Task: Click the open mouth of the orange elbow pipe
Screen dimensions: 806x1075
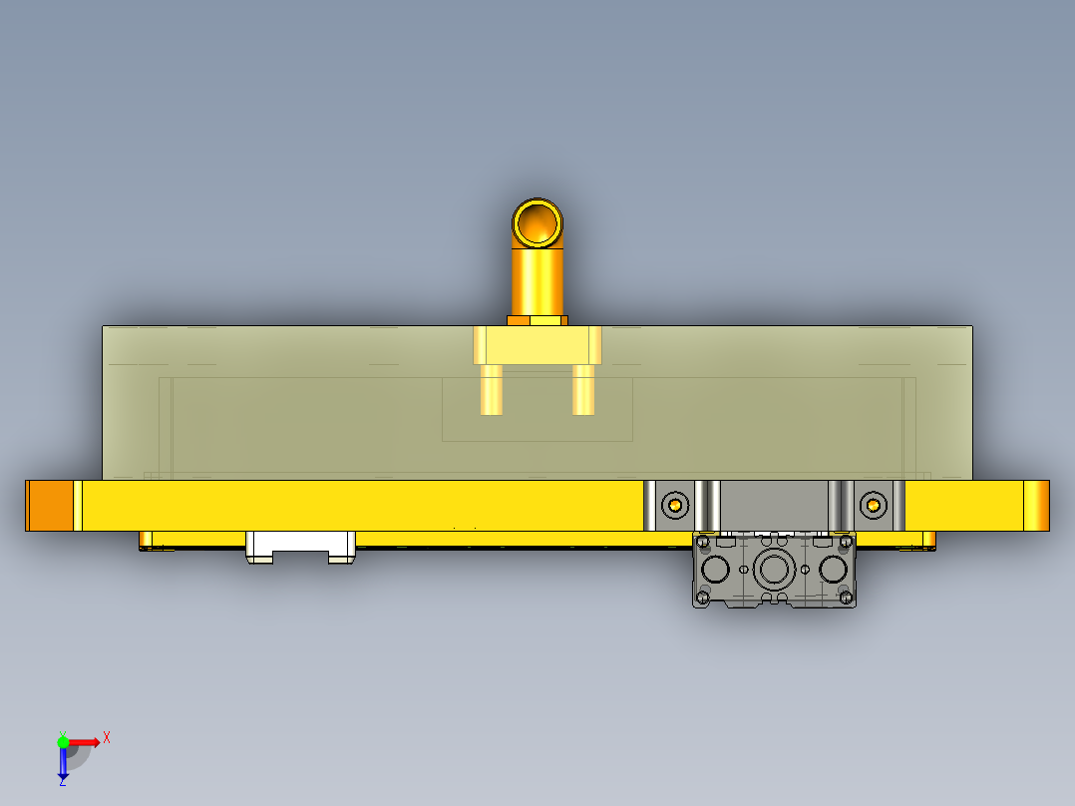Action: (538, 221)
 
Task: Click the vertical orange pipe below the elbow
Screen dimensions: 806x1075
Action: (538, 281)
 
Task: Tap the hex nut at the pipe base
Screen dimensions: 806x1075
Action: (537, 321)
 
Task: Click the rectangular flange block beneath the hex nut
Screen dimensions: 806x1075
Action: (537, 345)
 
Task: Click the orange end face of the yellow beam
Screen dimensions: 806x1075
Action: (49, 506)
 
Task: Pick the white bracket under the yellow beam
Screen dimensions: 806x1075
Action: (300, 546)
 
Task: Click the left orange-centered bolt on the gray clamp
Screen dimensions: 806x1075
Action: (676, 505)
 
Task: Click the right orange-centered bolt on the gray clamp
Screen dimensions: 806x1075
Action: (874, 505)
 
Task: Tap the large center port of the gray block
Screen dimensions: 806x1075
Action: (774, 571)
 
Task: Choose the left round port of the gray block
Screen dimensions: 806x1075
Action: (716, 571)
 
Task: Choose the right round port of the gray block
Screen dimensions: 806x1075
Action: (833, 571)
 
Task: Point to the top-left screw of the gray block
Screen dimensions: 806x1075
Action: (703, 542)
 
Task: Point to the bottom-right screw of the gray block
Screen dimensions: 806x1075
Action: (847, 598)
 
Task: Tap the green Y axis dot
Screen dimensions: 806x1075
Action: (63, 740)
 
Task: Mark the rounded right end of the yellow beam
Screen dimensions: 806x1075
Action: (1037, 506)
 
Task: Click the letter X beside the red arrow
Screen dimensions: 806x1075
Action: (107, 737)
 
